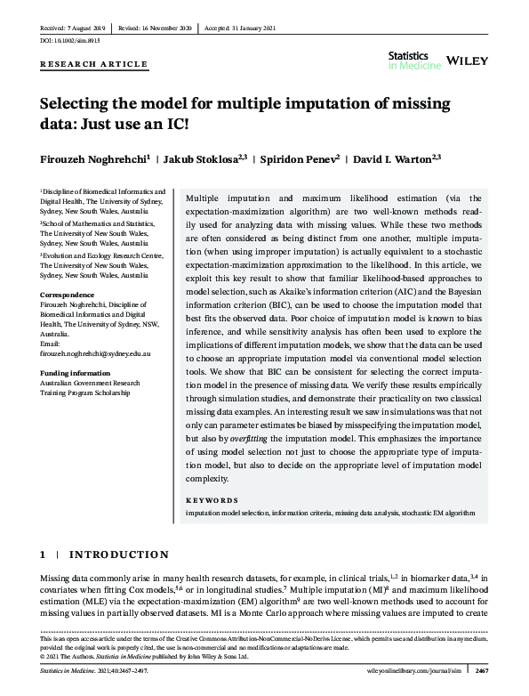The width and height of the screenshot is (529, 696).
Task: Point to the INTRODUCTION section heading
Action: point(120,554)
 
